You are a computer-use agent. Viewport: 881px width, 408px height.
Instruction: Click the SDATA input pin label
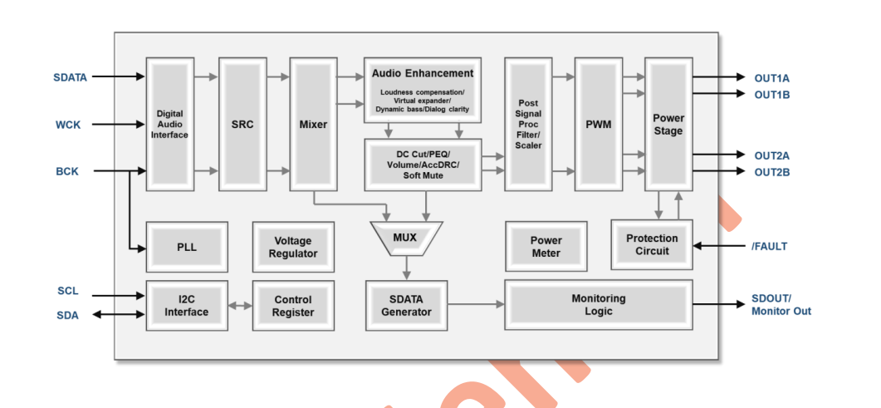pos(70,77)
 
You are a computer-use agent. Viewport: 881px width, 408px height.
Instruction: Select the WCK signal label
pos(68,125)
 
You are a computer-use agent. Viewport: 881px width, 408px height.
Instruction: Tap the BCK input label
pos(67,172)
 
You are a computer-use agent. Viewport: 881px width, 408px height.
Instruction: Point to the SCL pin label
pos(68,292)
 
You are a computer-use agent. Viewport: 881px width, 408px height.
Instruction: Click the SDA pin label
pos(68,315)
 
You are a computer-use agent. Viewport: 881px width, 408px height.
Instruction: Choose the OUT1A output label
pos(771,78)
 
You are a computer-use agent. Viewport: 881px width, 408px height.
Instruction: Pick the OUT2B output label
pos(771,172)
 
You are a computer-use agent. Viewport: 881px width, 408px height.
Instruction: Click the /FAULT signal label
pos(769,246)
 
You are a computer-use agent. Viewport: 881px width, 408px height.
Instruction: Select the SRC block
pos(242,125)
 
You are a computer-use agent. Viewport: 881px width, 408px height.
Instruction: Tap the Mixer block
pos(313,125)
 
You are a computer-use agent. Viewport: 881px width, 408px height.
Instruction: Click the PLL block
pos(187,247)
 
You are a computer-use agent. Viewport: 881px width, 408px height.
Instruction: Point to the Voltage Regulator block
pos(293,247)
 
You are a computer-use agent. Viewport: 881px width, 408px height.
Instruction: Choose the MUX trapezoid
pos(405,238)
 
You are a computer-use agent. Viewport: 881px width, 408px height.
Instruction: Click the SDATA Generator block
pos(406,305)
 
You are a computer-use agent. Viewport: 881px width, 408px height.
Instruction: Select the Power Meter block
pos(546,247)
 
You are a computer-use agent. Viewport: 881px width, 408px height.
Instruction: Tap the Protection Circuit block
pos(652,244)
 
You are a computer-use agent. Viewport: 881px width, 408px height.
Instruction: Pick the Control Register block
pos(293,305)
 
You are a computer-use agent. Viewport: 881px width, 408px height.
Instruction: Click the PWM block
pos(598,125)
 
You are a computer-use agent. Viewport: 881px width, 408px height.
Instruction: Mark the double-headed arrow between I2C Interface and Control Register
pos(240,306)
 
